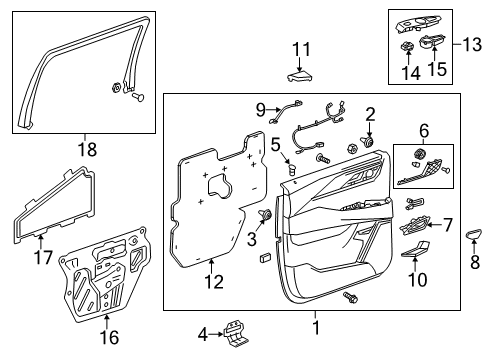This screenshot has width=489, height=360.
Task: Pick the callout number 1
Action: pyautogui.click(x=316, y=328)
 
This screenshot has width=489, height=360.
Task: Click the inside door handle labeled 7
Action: pyautogui.click(x=412, y=227)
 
